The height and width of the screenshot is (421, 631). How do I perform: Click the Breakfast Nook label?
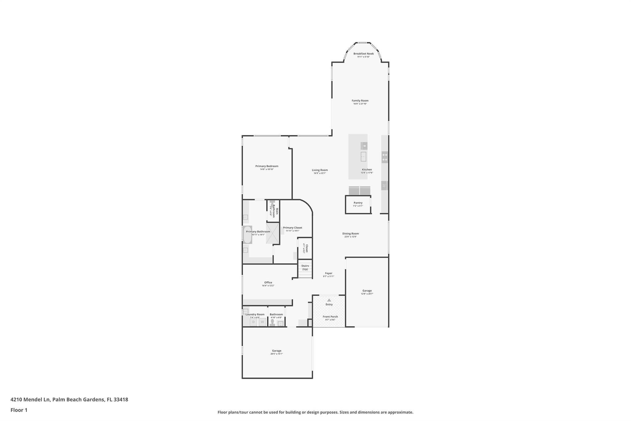[363, 54]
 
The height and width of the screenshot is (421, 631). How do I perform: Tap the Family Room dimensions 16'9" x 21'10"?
[360, 104]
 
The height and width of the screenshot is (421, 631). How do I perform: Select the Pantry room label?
[358, 203]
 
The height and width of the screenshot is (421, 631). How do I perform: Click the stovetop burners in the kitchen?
[385, 157]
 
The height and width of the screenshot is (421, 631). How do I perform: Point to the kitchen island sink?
[364, 156]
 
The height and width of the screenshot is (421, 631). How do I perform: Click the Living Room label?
[320, 170]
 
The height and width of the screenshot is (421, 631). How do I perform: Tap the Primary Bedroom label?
[267, 166]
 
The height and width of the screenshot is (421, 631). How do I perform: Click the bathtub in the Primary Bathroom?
[247, 235]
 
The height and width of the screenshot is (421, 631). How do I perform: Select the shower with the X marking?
[272, 233]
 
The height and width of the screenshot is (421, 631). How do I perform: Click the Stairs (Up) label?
[305, 267]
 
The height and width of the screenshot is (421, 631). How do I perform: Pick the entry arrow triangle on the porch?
[329, 300]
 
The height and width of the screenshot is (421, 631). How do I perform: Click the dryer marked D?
[253, 322]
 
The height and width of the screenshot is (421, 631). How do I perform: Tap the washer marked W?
[262, 322]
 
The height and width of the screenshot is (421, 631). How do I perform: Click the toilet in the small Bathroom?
[272, 322]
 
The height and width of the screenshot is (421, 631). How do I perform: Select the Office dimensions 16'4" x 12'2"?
[268, 286]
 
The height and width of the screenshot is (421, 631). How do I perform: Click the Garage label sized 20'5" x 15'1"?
[276, 351]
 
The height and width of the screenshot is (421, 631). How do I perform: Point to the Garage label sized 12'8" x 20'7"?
[367, 291]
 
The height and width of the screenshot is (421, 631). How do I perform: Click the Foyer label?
[328, 273]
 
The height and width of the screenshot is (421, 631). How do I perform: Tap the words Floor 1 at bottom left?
[19, 410]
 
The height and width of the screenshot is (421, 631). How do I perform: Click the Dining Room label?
[350, 233]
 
